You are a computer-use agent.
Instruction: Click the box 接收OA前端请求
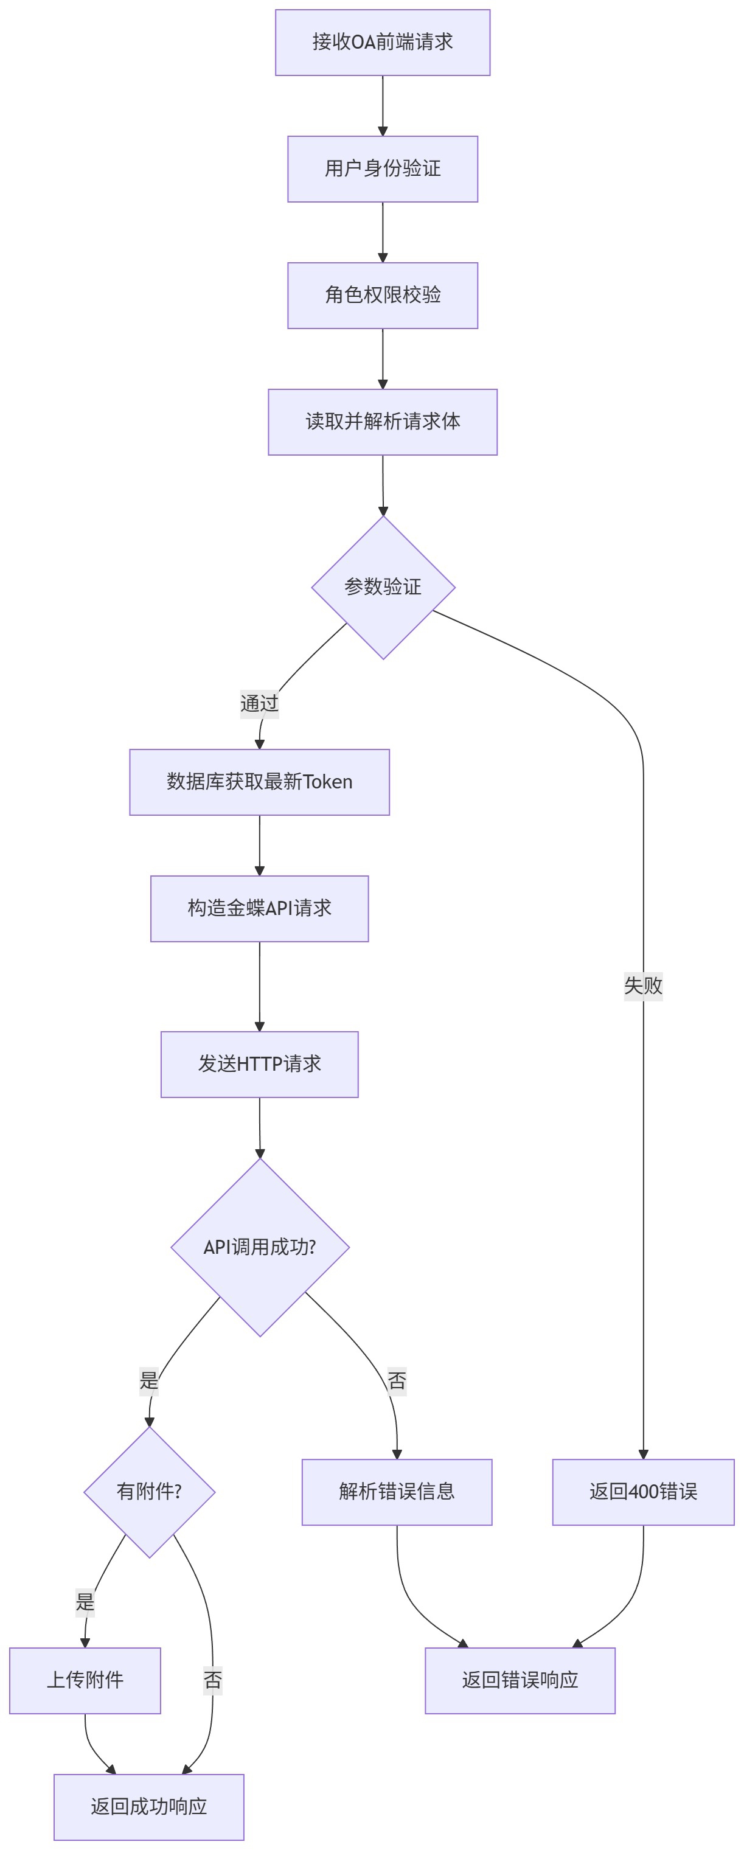[382, 43]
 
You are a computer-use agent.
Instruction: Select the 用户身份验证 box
[382, 169]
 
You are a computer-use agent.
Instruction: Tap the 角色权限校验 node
[382, 295]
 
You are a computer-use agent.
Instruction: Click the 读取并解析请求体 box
[382, 422]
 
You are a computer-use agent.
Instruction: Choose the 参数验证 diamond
[383, 586]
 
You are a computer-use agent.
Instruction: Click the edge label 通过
[259, 703]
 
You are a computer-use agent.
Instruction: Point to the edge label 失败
[643, 986]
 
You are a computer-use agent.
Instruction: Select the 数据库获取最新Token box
[259, 782]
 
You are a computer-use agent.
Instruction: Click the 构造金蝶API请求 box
[259, 908]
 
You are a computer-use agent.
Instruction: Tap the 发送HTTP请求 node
[259, 1065]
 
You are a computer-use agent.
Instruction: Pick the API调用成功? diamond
[259, 1248]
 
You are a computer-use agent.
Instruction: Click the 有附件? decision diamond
[150, 1492]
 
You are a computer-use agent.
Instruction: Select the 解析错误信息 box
[397, 1492]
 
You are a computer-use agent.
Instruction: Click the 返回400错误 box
[643, 1492]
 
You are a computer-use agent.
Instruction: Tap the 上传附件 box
[85, 1680]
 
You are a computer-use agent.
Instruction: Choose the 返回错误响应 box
[520, 1680]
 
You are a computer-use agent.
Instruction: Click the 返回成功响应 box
[148, 1807]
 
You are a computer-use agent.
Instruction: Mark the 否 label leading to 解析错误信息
[397, 1380]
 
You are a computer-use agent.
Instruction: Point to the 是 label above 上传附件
[85, 1602]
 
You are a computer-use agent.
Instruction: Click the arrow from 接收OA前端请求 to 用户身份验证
[382, 105]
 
